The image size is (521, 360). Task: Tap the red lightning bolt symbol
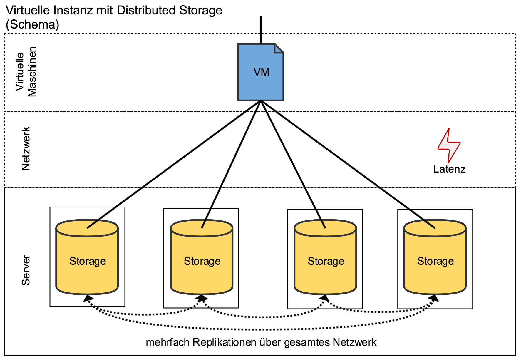coord(449,146)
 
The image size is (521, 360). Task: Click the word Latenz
coord(449,169)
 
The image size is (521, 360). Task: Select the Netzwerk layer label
coord(26,149)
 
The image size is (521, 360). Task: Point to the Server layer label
coord(26,270)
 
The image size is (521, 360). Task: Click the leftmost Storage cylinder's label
coord(88,261)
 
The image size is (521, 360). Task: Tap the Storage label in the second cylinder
coord(202,261)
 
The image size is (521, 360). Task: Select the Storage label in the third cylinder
coord(326,261)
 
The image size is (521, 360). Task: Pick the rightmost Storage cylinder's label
coord(435,261)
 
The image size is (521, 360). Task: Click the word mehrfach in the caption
coord(167,343)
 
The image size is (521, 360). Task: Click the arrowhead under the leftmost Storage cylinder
coord(88,299)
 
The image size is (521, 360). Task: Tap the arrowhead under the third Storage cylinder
coord(324,298)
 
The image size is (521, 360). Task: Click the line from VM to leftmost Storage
coord(173,164)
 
